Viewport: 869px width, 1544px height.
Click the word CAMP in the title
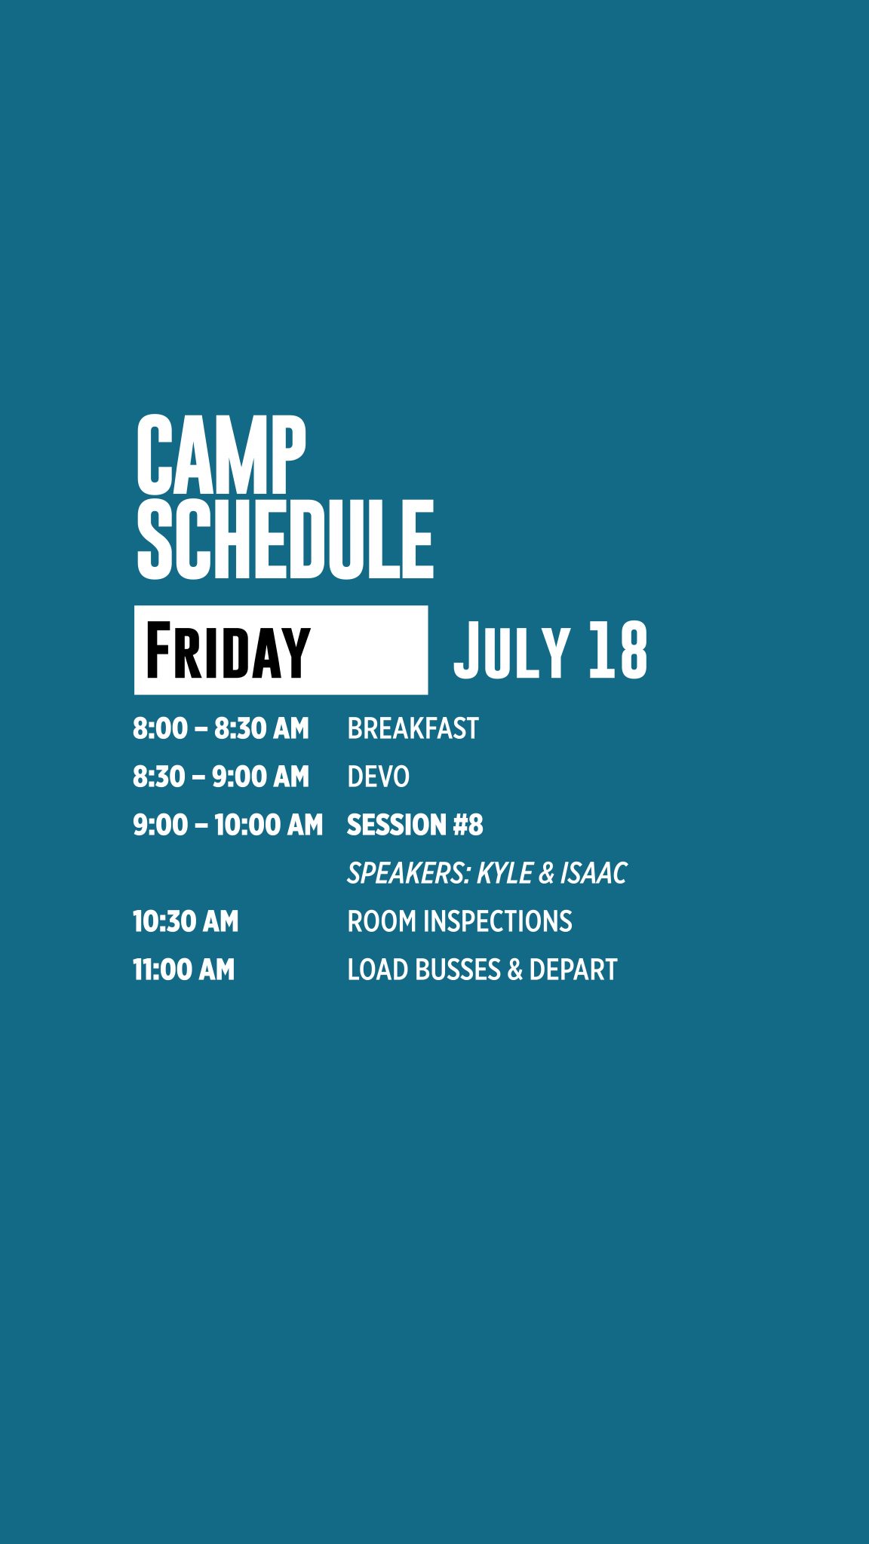(221, 455)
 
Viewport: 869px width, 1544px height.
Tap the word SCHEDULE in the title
(285, 539)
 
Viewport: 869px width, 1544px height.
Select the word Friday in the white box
(228, 650)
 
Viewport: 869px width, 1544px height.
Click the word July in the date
(511, 650)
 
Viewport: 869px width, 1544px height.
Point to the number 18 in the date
(618, 650)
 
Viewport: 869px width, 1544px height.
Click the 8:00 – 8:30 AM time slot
(221, 728)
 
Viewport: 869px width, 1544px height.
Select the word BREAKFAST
(413, 728)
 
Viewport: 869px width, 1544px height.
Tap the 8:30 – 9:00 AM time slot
(221, 777)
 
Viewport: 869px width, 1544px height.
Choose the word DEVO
(378, 777)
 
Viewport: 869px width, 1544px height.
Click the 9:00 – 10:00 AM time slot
(228, 825)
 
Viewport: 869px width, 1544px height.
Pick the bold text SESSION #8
(415, 825)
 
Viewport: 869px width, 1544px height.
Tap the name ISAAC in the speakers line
(593, 873)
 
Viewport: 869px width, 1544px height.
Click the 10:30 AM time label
(186, 921)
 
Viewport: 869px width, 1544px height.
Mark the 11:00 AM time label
(184, 970)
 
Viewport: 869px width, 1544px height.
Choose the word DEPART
(573, 970)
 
